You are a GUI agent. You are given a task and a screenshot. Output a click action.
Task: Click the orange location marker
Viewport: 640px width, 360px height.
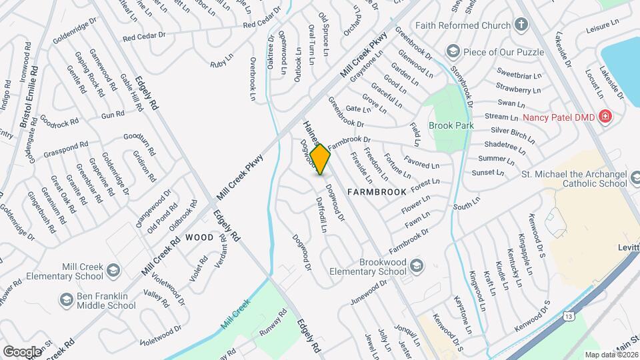point(321,159)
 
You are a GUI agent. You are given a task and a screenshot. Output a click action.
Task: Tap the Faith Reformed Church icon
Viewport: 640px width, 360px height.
point(521,26)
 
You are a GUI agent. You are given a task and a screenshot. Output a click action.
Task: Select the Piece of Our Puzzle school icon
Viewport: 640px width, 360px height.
point(453,52)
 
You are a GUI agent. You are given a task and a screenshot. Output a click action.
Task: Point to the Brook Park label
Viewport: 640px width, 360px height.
point(450,125)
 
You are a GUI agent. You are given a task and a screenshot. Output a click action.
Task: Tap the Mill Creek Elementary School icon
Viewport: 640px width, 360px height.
point(113,271)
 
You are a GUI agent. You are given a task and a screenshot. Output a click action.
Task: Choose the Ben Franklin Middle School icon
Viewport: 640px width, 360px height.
point(65,301)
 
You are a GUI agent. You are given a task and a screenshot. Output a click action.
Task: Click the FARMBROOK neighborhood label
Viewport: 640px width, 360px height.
point(377,192)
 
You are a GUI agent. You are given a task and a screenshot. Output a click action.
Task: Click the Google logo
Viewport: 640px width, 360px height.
point(22,351)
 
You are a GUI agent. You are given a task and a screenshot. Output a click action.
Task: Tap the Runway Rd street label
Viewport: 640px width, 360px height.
point(273,321)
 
